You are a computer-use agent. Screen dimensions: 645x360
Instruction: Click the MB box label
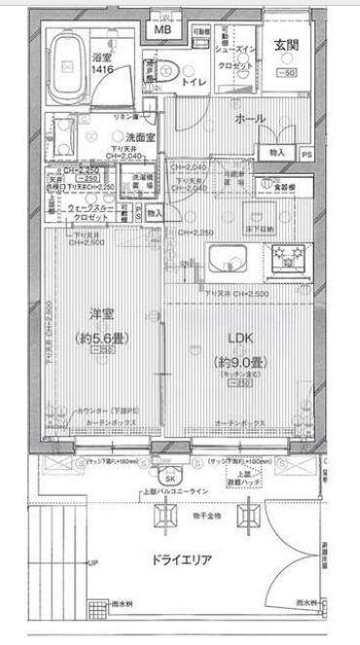coord(162,29)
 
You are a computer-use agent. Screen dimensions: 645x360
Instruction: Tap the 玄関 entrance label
coord(285,44)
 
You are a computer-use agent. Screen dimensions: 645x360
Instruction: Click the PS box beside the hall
coord(306,154)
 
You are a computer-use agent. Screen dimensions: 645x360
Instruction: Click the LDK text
coord(240,338)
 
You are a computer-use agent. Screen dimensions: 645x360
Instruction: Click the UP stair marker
coord(93,563)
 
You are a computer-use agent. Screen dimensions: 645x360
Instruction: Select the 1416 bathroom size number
coord(102,71)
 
